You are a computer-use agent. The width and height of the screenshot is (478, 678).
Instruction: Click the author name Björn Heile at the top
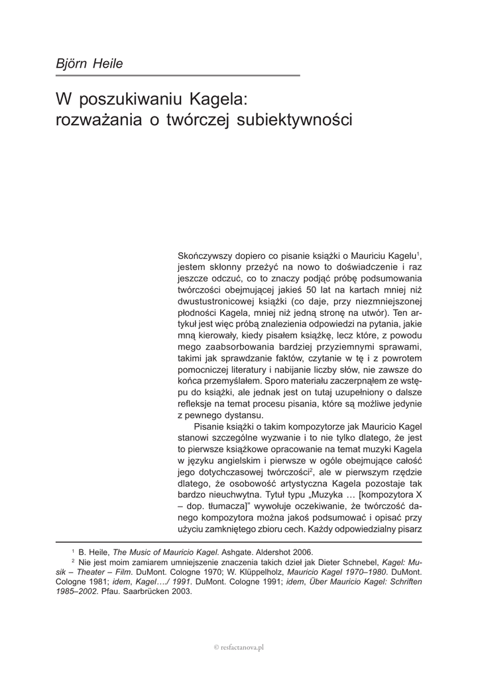coord(90,64)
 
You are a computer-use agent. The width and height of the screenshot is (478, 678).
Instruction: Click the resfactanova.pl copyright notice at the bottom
coord(239,647)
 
